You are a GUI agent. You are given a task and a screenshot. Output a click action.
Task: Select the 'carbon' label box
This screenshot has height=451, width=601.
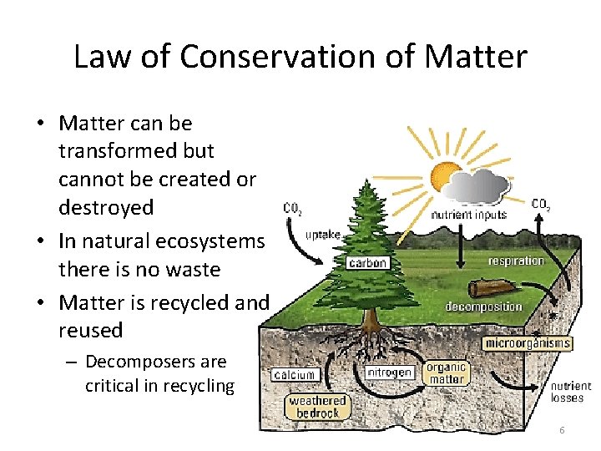coord(368,263)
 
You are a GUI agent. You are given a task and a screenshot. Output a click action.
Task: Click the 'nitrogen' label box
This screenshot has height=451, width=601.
coord(390,371)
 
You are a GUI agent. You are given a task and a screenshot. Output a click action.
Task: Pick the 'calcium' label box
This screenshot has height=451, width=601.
coord(293,376)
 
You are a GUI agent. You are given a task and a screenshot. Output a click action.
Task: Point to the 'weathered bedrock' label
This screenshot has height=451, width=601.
coord(317,408)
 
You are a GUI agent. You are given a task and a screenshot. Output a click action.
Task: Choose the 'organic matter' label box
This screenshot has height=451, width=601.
coord(446,373)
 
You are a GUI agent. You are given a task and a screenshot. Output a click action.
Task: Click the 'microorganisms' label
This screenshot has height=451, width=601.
coord(528,343)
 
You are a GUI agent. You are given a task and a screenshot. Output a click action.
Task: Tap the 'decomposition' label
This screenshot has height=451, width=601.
coord(483,307)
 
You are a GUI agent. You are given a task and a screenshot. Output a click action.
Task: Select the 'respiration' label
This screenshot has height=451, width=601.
coord(516,261)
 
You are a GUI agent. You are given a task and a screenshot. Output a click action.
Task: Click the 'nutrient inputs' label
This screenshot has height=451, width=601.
coord(468,215)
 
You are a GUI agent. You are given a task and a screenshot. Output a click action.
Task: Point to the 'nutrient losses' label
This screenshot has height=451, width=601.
coord(570,392)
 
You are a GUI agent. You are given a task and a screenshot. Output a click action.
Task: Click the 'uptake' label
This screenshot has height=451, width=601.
coord(322,235)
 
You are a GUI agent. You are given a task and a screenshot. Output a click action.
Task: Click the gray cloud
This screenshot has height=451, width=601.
coord(483,185)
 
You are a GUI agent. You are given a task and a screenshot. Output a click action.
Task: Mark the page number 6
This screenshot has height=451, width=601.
coord(562,430)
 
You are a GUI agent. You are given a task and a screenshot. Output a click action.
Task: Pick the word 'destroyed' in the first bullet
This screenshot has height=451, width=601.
coord(106,207)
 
